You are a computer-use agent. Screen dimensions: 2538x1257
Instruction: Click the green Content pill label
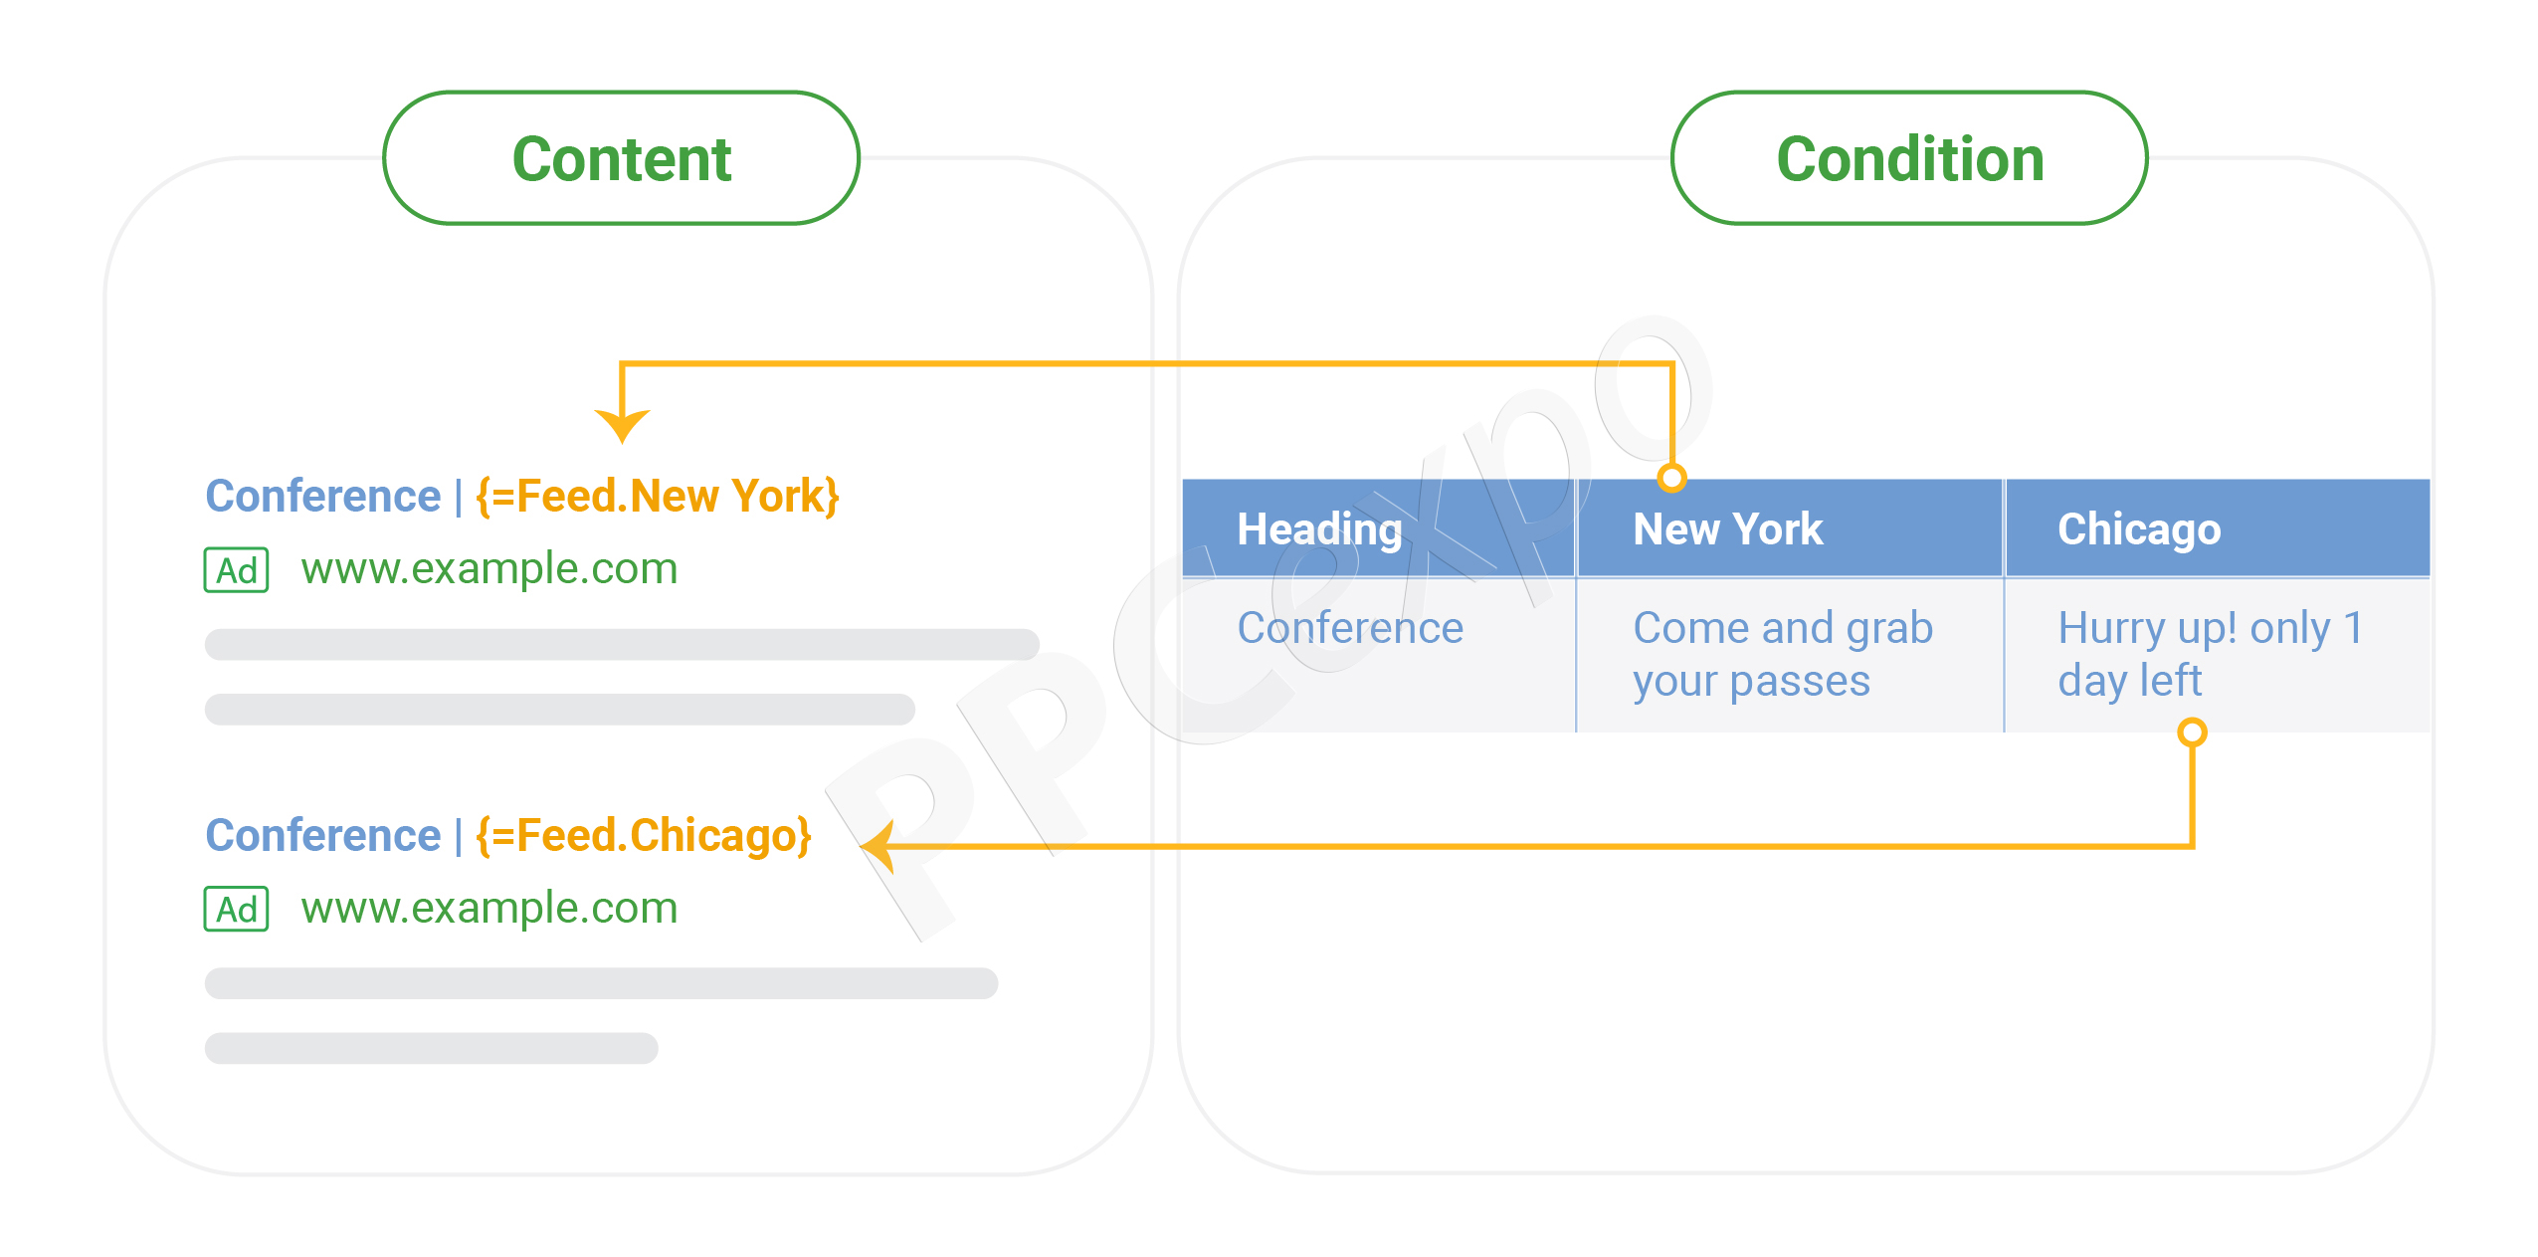622,158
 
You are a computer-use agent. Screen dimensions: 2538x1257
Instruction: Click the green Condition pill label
1909,158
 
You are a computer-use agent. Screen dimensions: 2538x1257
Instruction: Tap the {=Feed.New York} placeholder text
658,496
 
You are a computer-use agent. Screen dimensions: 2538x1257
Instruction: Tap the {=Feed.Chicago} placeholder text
644,835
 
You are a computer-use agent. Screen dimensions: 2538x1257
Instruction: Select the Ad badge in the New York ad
236,570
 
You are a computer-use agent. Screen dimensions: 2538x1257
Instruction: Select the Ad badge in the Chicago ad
236,910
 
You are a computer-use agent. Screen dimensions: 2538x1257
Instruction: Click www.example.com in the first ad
489,570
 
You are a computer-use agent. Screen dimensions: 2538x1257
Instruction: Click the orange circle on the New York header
1672,479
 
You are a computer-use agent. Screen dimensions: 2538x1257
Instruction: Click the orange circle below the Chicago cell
2192,733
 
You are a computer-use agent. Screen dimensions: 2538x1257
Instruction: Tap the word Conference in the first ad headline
322,496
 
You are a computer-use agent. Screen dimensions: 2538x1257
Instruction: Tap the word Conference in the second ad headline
322,835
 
